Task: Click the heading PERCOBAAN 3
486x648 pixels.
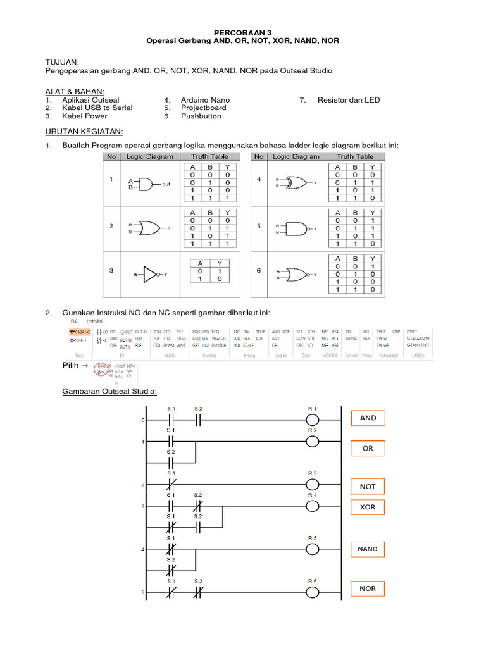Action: tap(243, 31)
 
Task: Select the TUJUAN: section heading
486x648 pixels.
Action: tap(63, 61)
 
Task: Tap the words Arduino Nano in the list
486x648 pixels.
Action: tap(205, 100)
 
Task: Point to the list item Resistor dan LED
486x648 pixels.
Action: tap(349, 100)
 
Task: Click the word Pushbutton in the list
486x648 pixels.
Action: tap(202, 116)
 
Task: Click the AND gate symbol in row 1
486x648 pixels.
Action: tap(144, 184)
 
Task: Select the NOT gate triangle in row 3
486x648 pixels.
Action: tap(150, 274)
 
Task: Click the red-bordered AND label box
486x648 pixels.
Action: tap(368, 418)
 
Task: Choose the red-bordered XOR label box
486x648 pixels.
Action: tap(368, 507)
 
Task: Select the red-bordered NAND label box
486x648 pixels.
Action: tap(368, 549)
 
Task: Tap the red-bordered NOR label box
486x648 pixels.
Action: tap(368, 589)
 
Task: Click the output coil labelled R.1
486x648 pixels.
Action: tap(312, 420)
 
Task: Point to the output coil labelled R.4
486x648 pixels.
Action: tap(312, 506)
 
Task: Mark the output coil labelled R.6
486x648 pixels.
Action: tap(312, 593)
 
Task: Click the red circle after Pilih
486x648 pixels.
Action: tap(100, 368)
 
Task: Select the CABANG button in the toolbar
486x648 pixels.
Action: tap(80, 332)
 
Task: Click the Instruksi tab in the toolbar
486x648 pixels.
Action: tap(94, 321)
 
